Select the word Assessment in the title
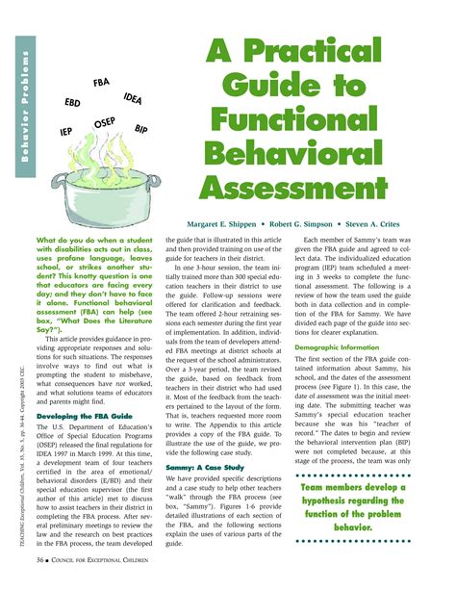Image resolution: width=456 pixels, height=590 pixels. [x=319, y=178]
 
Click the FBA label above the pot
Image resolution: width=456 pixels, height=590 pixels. [x=101, y=83]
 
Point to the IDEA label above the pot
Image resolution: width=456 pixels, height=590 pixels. [x=134, y=98]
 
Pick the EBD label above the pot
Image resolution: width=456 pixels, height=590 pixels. [x=72, y=101]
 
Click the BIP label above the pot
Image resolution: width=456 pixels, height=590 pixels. [x=140, y=128]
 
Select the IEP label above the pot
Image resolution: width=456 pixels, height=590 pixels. [x=66, y=132]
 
